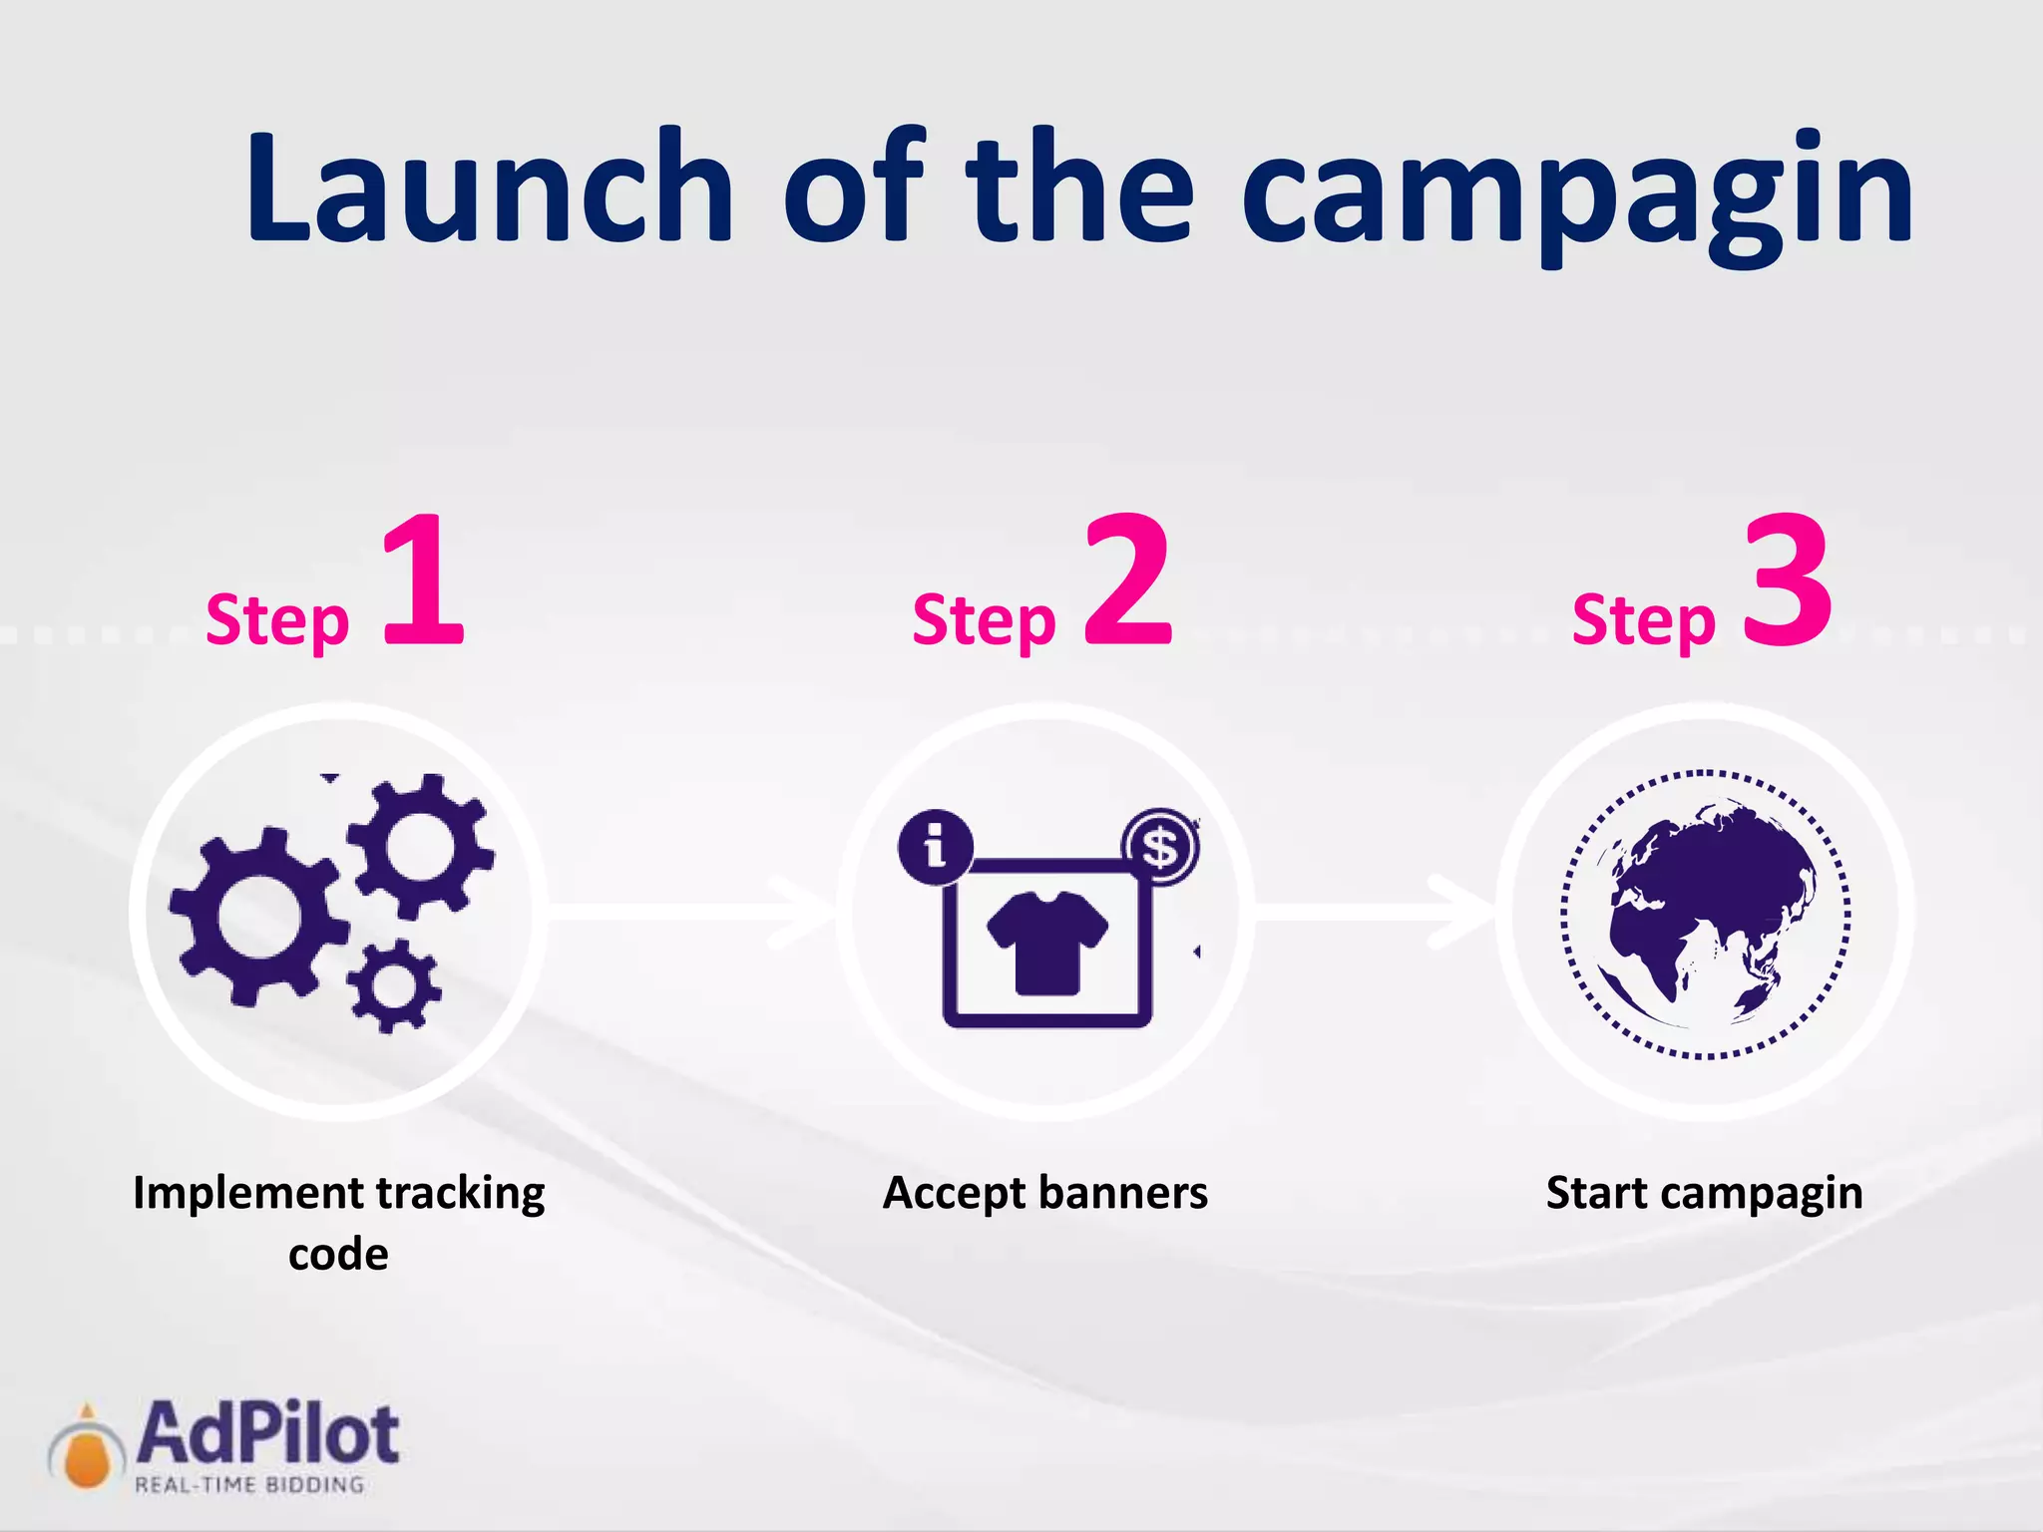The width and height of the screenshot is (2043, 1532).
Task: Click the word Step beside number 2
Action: pos(984,621)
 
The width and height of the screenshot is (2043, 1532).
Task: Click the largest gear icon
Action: pos(257,916)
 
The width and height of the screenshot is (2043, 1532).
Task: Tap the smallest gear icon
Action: pos(394,985)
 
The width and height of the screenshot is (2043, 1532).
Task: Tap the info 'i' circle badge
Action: pos(935,847)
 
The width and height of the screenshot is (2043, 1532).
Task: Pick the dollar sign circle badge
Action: pos(1160,847)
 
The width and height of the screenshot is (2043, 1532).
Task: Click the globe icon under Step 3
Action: pos(1706,914)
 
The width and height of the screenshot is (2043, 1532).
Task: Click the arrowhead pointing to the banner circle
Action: pos(803,913)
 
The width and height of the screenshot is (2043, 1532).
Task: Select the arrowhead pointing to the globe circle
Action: pos(1461,913)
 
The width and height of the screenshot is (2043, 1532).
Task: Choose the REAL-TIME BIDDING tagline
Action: pos(249,1485)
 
